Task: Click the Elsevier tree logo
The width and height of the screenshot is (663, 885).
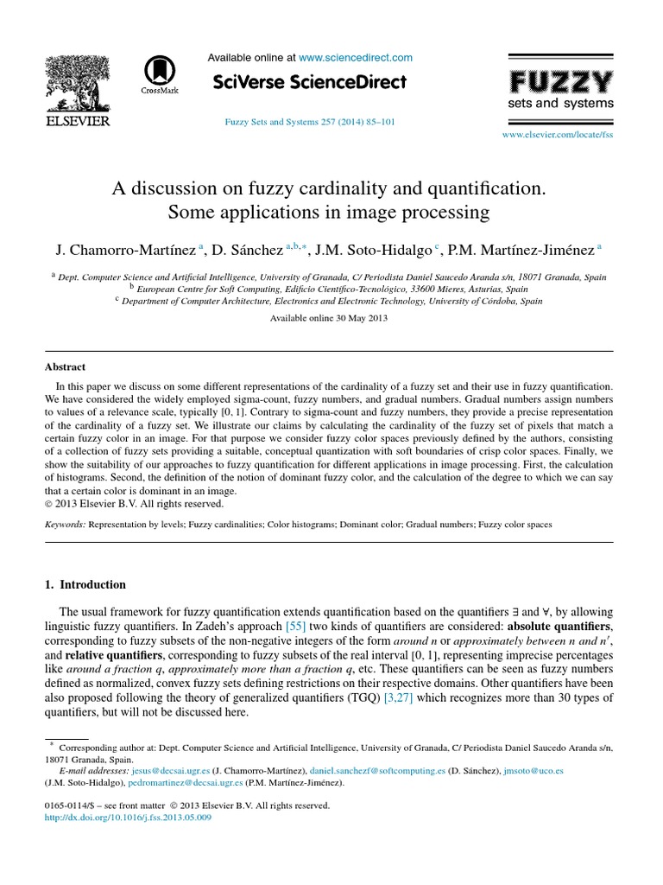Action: (77, 85)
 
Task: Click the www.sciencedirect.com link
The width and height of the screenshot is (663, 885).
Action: (356, 58)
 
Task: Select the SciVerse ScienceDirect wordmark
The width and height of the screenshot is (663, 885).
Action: (308, 83)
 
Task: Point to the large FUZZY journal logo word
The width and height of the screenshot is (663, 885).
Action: (560, 82)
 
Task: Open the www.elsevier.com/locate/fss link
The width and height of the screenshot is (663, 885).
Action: (557, 136)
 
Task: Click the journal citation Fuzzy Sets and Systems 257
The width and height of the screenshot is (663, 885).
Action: (309, 123)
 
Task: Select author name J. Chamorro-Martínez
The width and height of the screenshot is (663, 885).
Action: (125, 250)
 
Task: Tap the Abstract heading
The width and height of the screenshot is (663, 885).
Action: (66, 367)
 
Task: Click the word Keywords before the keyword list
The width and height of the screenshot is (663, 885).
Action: (65, 525)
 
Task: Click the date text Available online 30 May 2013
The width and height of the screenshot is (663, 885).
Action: (329, 318)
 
